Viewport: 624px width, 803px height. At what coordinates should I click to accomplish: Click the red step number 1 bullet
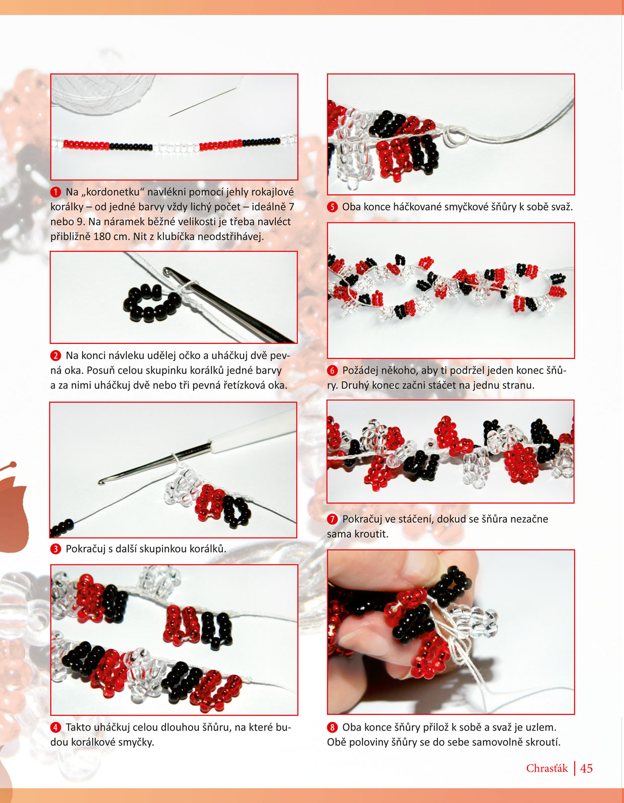coord(55,192)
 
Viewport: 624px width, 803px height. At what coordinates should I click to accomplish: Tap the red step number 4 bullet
coord(55,727)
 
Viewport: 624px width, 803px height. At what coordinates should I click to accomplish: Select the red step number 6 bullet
coord(332,371)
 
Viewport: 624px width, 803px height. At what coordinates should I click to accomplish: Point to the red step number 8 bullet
coord(332,727)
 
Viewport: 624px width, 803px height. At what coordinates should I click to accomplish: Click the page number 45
coord(586,769)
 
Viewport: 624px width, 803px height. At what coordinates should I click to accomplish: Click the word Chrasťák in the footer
coord(547,768)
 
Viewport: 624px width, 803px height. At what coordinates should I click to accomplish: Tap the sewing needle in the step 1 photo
coord(202,102)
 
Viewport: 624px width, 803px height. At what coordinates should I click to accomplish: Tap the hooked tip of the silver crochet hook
coord(101,481)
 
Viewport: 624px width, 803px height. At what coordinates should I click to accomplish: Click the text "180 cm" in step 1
coord(112,237)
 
